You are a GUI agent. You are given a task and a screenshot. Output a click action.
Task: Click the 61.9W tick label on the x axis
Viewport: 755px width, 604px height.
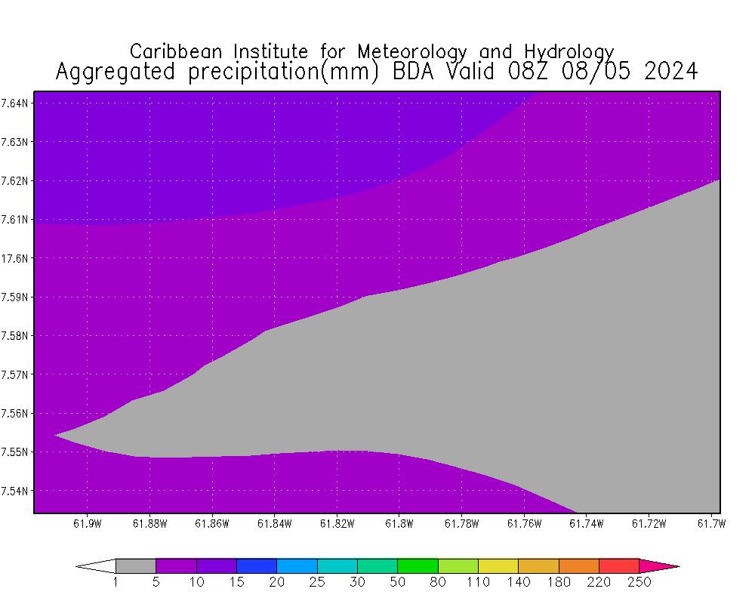(88, 523)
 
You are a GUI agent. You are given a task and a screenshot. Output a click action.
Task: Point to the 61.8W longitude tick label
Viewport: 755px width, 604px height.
(398, 523)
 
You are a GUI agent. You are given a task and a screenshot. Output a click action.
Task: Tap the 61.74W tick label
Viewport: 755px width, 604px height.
(585, 523)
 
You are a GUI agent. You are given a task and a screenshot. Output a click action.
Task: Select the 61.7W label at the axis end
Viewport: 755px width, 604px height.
(710, 523)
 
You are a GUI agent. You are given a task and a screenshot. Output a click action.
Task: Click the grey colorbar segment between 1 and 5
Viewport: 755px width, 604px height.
(136, 565)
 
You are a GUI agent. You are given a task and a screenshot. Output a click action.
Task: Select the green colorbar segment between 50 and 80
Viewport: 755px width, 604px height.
(418, 565)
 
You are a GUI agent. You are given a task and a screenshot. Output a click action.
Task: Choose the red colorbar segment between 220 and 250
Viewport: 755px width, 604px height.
(619, 565)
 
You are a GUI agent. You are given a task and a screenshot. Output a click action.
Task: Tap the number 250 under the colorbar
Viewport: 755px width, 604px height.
(639, 582)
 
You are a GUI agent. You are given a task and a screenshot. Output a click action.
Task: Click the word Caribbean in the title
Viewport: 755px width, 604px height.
(179, 51)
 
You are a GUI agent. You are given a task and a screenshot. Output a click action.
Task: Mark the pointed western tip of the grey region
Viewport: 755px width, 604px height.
(55, 435)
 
